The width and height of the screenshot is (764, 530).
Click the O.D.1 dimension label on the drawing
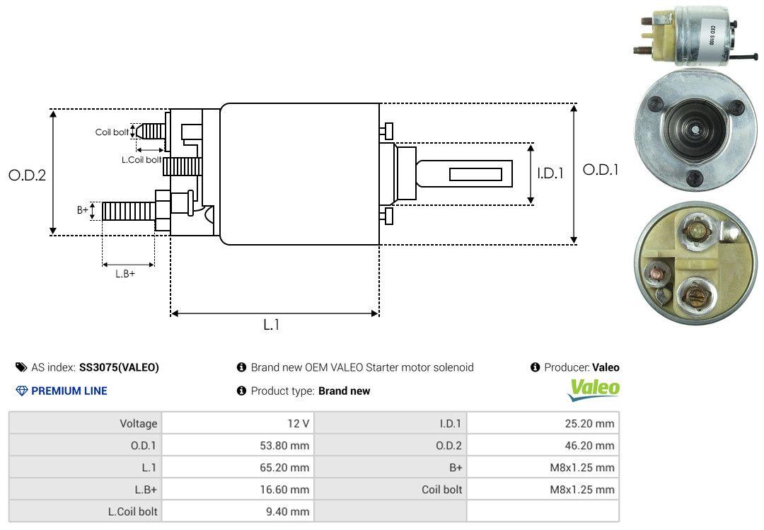tap(600, 170)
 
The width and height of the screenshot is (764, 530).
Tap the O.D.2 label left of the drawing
tap(27, 175)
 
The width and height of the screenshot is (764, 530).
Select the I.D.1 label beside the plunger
tap(550, 173)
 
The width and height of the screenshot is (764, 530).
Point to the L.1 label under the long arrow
tap(272, 325)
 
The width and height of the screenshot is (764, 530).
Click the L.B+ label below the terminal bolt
tap(125, 274)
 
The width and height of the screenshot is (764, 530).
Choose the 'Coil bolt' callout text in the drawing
tap(112, 132)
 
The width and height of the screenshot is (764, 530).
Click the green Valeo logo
tap(594, 388)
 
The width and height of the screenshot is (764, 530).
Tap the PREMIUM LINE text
tap(69, 391)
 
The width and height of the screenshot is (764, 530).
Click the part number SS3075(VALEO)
tap(119, 367)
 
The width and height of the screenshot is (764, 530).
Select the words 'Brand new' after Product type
tap(344, 391)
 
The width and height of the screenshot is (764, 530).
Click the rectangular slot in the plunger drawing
tap(475, 174)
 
